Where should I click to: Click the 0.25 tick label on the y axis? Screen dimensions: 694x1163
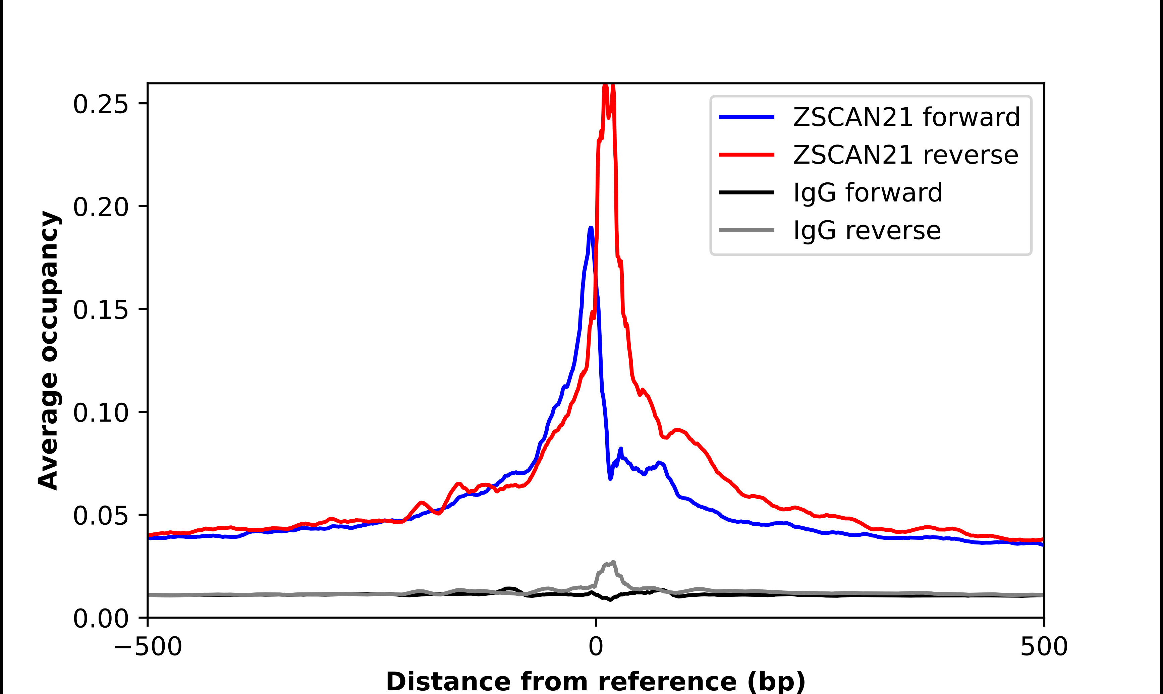pyautogui.click(x=100, y=104)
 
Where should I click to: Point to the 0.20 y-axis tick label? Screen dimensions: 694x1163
pyautogui.click(x=100, y=207)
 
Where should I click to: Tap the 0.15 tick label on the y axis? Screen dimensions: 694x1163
pyautogui.click(x=100, y=310)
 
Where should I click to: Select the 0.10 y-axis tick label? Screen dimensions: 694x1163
pyautogui.click(x=100, y=413)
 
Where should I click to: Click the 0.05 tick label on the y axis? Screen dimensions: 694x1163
pyautogui.click(x=100, y=516)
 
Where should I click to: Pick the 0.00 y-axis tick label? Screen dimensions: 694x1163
pyautogui.click(x=100, y=619)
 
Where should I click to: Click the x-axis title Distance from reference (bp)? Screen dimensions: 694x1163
pyautogui.click(x=595, y=681)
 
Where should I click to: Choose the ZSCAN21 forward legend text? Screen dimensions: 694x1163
pyautogui.click(x=906, y=117)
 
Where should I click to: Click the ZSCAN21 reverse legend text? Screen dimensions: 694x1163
pyautogui.click(x=905, y=155)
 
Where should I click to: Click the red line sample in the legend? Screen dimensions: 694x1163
pyautogui.click(x=746, y=154)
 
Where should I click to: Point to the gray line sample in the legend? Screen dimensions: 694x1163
pyautogui.click(x=746, y=230)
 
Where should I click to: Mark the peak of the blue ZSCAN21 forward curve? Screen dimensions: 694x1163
pyautogui.click(x=591, y=228)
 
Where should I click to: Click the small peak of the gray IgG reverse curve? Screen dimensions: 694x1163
pyautogui.click(x=613, y=562)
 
